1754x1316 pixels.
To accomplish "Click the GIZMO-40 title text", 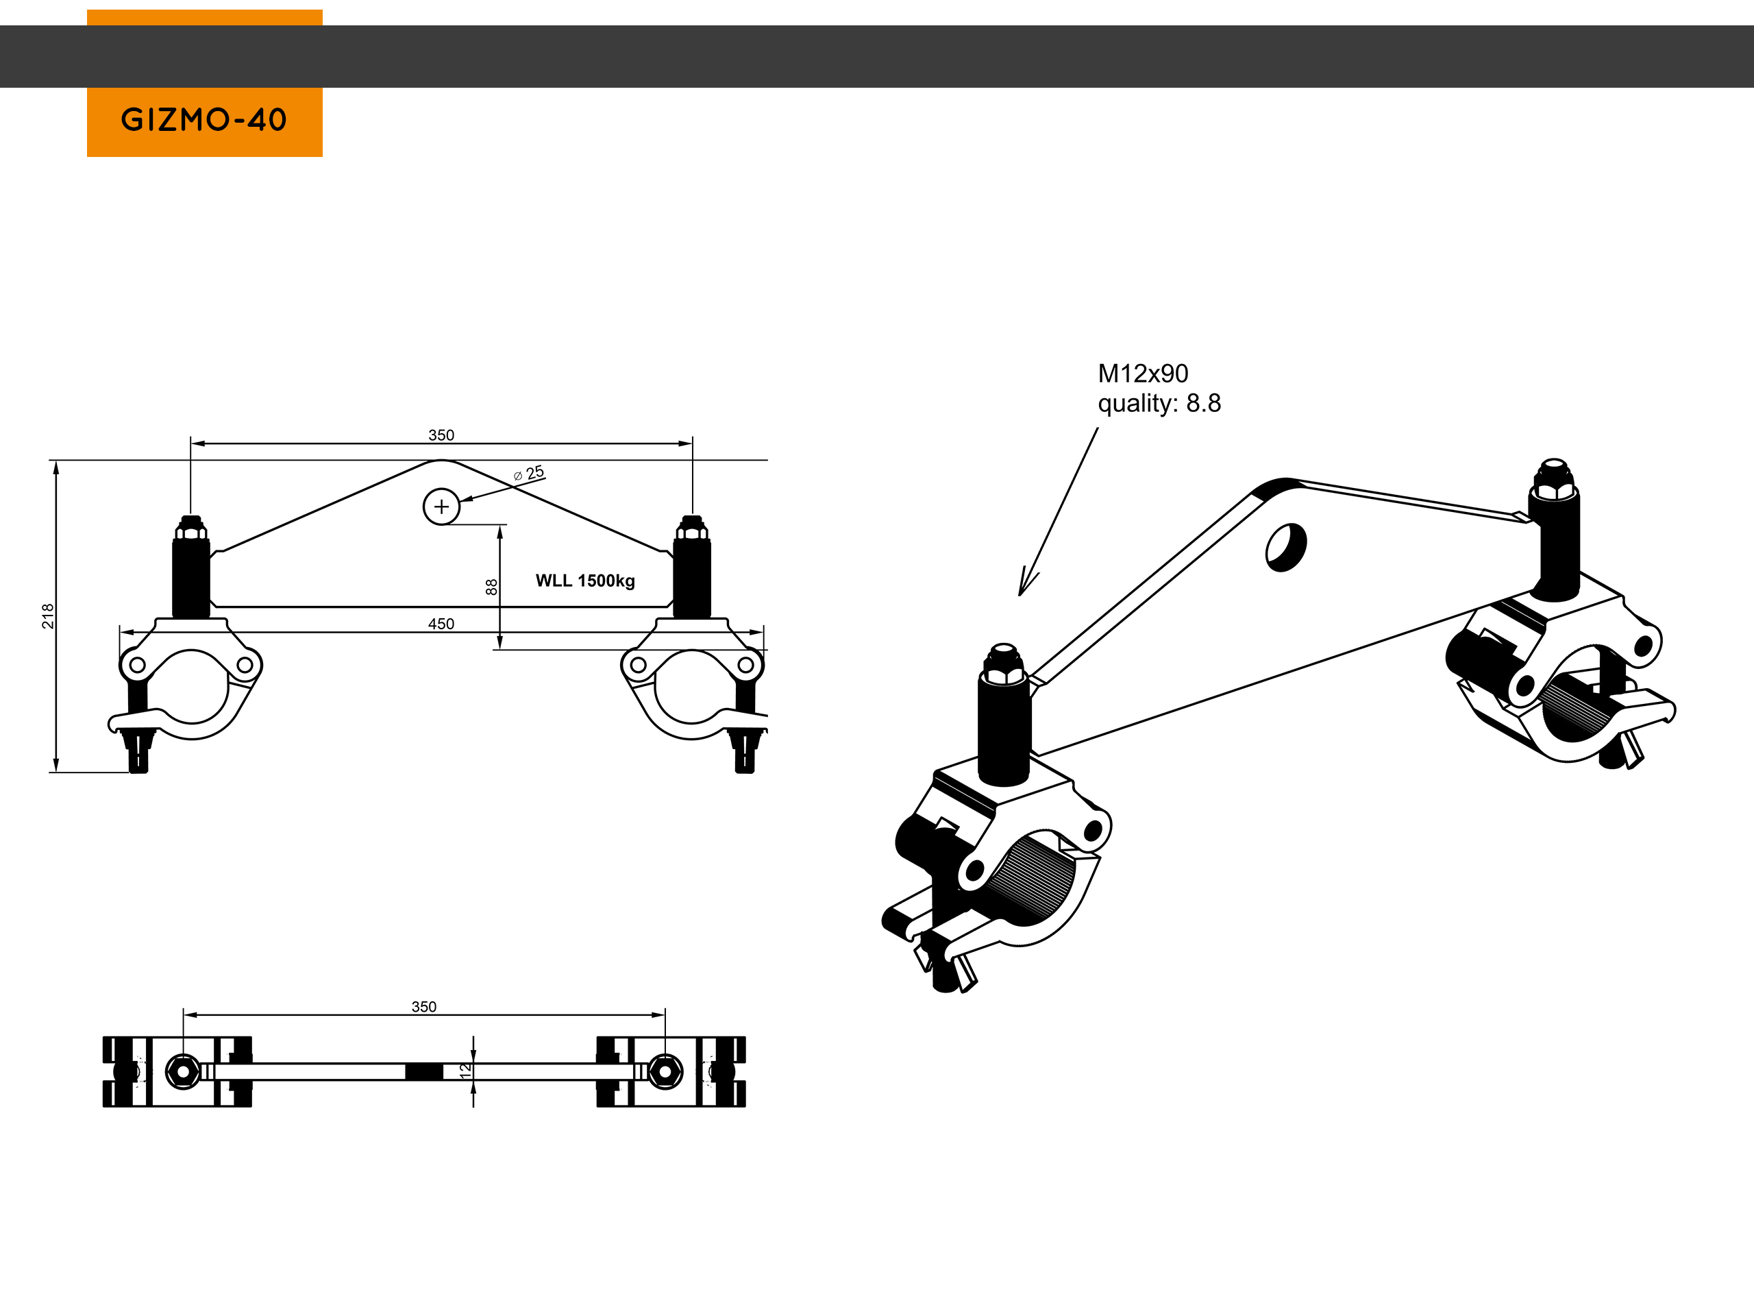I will click(203, 120).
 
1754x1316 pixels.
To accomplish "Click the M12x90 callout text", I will click(1143, 373).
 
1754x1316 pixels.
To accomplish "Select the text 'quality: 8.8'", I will click(1159, 404).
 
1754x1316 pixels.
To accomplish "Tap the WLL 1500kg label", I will click(585, 581).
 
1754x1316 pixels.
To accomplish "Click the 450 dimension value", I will click(441, 624).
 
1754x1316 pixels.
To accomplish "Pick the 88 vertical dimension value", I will click(492, 587).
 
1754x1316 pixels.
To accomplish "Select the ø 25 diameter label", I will click(529, 474).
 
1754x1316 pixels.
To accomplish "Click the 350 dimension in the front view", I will click(441, 435).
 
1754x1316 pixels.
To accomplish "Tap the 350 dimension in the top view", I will click(423, 1007).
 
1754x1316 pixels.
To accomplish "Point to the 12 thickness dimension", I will click(465, 1070).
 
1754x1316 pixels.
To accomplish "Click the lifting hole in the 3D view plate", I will click(1285, 546).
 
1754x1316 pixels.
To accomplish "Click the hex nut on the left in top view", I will click(183, 1072).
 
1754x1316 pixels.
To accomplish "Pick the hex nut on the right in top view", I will click(665, 1072).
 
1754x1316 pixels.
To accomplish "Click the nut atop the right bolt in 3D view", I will click(1554, 476).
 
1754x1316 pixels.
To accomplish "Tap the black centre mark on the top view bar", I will click(424, 1072).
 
